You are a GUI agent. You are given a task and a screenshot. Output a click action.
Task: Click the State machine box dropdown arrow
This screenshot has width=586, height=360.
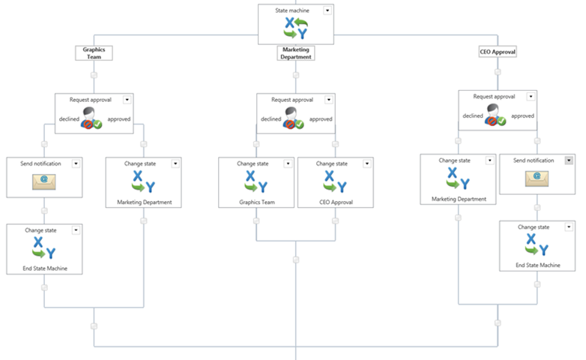[327, 10]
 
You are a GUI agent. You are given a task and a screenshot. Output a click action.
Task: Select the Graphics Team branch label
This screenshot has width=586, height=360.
[94, 53]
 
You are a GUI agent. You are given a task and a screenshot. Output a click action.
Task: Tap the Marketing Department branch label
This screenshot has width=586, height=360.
[295, 53]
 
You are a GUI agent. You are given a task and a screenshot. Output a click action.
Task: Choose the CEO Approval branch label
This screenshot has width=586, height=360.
[498, 52]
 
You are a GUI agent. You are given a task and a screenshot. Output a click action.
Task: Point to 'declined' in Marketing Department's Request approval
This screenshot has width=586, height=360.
[271, 119]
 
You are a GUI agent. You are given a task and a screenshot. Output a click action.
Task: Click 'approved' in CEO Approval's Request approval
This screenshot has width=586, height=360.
[522, 116]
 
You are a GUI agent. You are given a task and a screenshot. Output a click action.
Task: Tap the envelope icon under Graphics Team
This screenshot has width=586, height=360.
[44, 181]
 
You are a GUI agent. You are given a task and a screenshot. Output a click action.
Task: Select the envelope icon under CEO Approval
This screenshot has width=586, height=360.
[537, 178]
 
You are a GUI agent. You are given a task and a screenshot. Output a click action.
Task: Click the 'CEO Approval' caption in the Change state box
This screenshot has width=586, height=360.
[336, 202]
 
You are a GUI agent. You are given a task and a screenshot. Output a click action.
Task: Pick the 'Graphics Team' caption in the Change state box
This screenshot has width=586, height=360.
[257, 202]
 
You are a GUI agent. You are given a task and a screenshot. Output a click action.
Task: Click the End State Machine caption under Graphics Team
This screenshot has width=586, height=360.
[45, 268]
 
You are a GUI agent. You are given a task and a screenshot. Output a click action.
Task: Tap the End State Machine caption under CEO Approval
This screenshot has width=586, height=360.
[538, 265]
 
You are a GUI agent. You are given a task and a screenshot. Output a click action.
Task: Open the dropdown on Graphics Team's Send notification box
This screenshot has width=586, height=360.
[76, 163]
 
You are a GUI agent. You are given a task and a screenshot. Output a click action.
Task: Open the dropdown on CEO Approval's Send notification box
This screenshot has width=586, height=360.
[569, 160]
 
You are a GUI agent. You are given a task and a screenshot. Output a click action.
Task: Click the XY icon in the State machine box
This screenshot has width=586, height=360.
[295, 28]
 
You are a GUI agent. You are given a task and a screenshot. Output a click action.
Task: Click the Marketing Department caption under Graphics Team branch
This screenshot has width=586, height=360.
[145, 202]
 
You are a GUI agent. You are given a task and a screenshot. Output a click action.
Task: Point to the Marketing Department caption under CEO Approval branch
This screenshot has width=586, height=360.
[459, 199]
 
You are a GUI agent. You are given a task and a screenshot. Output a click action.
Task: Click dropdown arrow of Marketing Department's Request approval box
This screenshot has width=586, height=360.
[329, 100]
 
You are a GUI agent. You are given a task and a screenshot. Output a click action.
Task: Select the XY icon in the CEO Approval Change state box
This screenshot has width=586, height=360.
[336, 181]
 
